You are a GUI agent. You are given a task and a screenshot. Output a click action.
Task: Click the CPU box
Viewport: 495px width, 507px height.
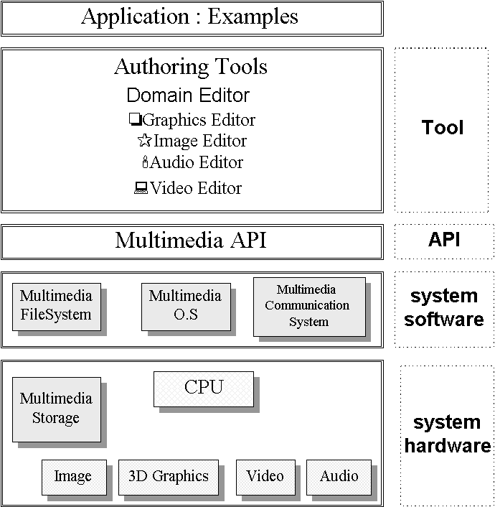click(x=204, y=388)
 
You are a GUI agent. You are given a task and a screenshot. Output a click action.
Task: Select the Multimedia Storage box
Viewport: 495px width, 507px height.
click(x=56, y=409)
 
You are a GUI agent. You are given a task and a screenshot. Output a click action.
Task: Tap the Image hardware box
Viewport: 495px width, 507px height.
click(x=73, y=476)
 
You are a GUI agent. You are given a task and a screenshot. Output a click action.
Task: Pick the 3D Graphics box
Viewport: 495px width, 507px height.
click(x=169, y=476)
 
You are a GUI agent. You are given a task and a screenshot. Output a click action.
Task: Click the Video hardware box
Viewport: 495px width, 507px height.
click(x=265, y=476)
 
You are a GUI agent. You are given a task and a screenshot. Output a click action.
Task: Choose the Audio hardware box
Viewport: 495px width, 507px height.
click(x=339, y=476)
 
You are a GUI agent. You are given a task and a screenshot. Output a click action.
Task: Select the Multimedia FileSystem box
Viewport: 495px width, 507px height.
click(x=56, y=306)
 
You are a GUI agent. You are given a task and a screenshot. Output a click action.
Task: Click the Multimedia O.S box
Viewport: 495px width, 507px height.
click(x=185, y=306)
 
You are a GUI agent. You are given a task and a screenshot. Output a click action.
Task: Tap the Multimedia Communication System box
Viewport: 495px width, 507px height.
click(x=308, y=306)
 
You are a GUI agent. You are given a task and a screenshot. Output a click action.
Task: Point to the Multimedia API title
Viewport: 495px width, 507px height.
click(x=191, y=241)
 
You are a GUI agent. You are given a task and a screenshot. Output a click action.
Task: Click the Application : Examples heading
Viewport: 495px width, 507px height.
click(x=190, y=17)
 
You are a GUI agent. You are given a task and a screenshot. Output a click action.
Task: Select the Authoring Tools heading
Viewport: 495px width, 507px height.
click(x=191, y=68)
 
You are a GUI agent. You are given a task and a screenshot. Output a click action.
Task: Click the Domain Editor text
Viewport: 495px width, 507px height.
click(x=188, y=96)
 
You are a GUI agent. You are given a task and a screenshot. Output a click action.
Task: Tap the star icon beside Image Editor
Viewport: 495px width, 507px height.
click(x=144, y=141)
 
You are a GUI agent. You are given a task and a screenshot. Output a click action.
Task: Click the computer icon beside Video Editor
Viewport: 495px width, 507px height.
click(x=141, y=189)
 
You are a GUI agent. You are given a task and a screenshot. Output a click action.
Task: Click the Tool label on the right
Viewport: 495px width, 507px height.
click(x=443, y=129)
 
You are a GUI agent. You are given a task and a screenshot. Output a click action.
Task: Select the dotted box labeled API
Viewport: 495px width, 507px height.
click(x=444, y=241)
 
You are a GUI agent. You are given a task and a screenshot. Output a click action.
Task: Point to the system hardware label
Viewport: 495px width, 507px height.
click(x=447, y=434)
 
